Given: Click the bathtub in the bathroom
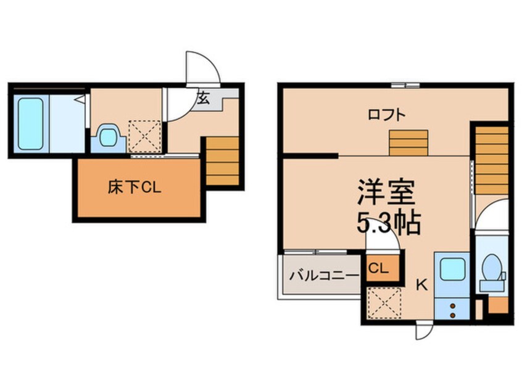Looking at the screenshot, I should click(30, 123).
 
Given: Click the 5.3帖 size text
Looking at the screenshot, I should click(387, 223).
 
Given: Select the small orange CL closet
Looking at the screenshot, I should click(378, 269).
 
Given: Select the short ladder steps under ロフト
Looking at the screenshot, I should click(408, 144).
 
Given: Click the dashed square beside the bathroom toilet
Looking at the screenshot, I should click(144, 136).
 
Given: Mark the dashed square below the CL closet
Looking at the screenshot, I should click(383, 304).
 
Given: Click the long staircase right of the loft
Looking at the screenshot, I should click(492, 160).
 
